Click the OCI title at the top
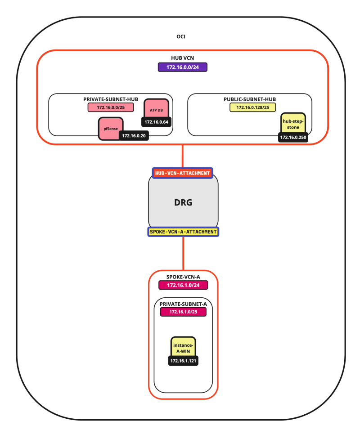click(x=181, y=36)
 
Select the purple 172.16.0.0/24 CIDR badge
click(x=182, y=67)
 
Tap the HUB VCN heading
click(x=182, y=58)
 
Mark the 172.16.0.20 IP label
click(x=134, y=135)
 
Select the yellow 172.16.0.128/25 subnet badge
click(x=249, y=107)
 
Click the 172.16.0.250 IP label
click(x=293, y=138)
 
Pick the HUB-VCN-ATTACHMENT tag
click(x=182, y=173)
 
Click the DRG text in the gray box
click(x=183, y=202)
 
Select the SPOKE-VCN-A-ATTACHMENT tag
click(x=183, y=232)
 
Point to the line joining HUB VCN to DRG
click(x=183, y=156)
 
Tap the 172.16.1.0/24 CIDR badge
click(x=183, y=285)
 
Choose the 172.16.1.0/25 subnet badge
click(x=183, y=312)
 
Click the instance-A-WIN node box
click(x=183, y=347)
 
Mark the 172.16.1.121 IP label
click(x=184, y=361)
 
